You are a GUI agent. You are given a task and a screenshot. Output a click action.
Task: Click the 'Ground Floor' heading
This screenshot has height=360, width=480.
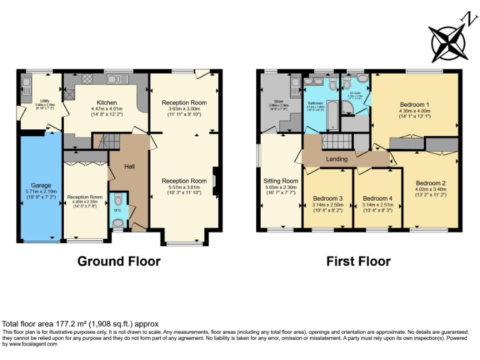(x=119, y=261)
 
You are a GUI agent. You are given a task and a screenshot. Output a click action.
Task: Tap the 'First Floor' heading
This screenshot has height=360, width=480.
(x=358, y=261)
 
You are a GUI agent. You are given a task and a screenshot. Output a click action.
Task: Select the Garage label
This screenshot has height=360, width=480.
(x=41, y=186)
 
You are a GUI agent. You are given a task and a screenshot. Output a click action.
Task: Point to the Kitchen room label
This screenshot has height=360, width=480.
(x=106, y=102)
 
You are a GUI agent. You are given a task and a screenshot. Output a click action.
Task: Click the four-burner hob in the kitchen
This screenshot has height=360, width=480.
(x=87, y=79)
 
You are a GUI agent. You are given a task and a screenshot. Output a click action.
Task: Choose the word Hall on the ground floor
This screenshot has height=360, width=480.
(x=129, y=167)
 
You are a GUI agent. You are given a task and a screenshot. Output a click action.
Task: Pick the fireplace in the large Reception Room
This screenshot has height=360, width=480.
(x=214, y=181)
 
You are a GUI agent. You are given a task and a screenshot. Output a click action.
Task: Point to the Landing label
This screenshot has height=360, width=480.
(x=337, y=159)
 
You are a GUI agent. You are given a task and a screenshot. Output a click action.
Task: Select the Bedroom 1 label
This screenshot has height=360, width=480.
(x=414, y=104)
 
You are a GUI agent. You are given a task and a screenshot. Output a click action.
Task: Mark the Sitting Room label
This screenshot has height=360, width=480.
(x=281, y=181)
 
